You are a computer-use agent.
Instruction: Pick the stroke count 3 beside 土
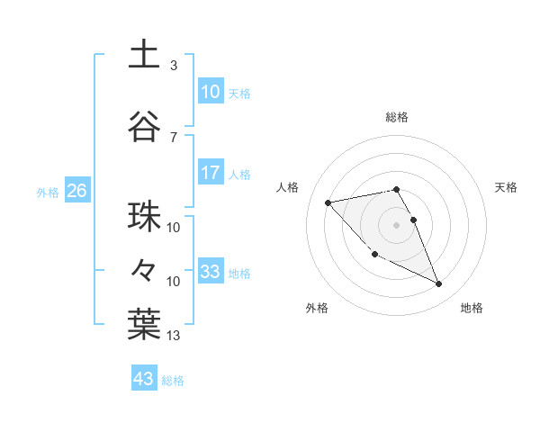coord(174,66)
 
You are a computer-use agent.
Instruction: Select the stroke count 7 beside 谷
coord(174,137)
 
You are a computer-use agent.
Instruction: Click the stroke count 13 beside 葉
coord(174,336)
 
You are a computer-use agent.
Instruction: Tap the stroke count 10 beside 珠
coord(174,227)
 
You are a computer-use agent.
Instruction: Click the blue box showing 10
coord(211,92)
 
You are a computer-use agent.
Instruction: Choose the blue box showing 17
coord(211,173)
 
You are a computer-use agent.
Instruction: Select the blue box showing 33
coord(211,272)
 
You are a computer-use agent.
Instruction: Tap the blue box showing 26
coord(76,191)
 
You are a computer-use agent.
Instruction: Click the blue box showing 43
coord(144,379)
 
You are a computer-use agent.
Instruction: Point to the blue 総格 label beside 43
coord(173,381)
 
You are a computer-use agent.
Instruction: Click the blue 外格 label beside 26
coord(48,192)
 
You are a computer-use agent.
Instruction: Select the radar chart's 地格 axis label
coord(472,309)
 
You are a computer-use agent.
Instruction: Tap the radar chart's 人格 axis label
coord(288,187)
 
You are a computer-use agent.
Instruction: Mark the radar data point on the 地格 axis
coord(439,284)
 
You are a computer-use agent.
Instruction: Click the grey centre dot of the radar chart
coord(396,224)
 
